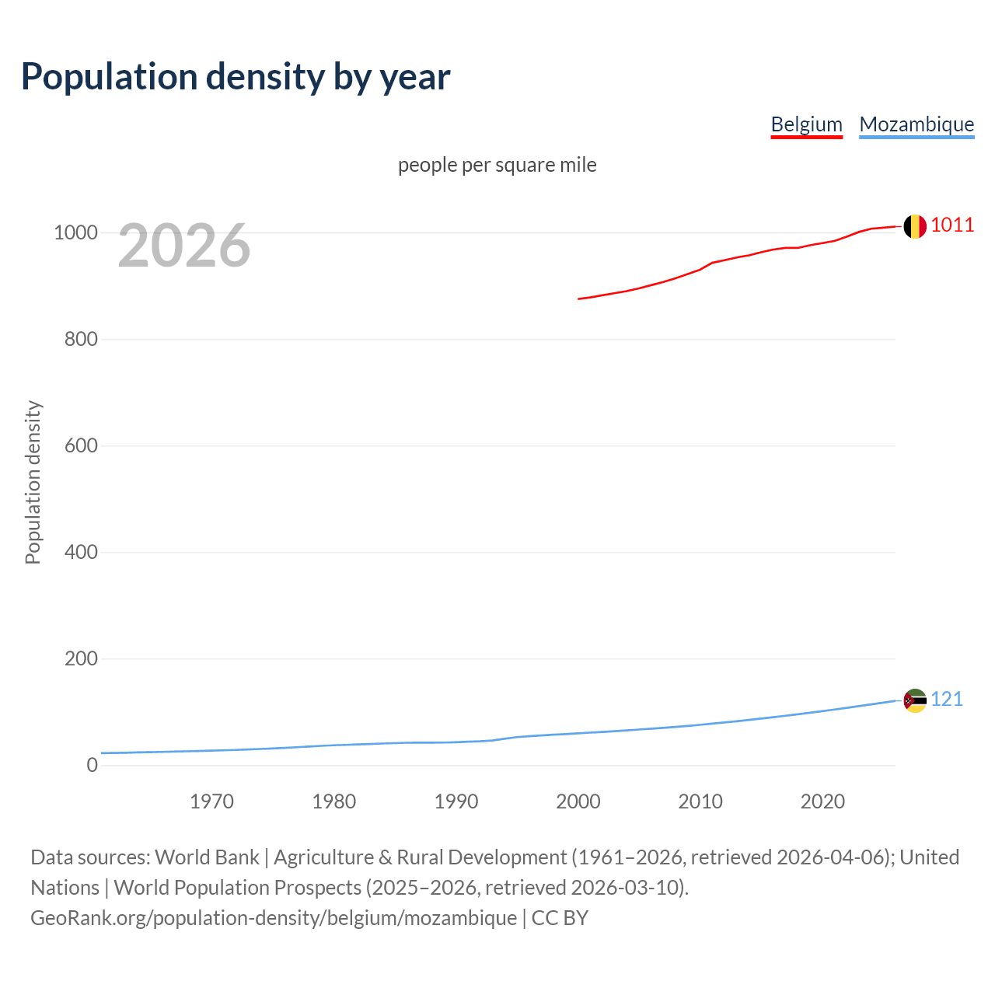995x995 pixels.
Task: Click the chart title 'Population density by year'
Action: point(236,76)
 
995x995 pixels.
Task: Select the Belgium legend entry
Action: point(806,124)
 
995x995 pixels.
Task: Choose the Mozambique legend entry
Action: point(916,124)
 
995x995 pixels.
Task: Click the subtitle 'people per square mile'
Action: point(497,165)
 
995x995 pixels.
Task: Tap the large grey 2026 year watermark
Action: point(184,246)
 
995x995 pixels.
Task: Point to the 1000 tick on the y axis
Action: point(75,233)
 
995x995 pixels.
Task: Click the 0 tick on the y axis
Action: point(93,766)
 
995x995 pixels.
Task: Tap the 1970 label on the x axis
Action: point(211,801)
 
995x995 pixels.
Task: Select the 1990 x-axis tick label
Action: point(456,801)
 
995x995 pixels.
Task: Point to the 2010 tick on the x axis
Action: point(700,801)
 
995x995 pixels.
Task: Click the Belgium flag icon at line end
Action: point(915,226)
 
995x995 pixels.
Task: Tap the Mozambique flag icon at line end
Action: point(915,700)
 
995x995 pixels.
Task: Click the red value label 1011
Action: point(952,225)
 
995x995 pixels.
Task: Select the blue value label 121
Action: point(947,700)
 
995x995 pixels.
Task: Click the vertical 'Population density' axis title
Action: point(33,482)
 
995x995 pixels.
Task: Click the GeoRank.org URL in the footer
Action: point(274,918)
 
